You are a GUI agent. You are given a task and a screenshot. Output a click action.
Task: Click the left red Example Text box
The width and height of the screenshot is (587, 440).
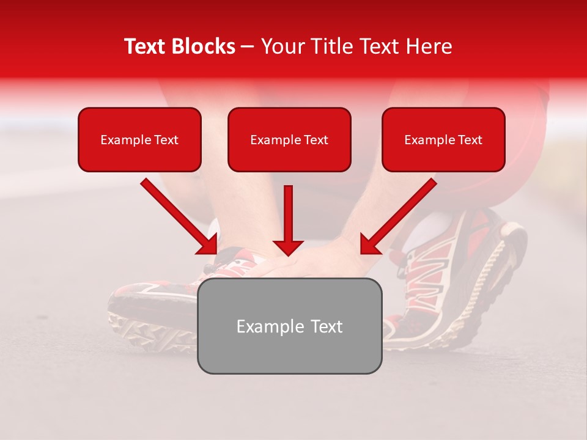point(139,139)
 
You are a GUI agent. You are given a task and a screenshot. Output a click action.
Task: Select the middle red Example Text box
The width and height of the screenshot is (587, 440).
point(289,139)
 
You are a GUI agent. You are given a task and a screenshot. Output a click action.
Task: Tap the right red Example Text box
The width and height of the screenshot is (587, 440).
point(443,139)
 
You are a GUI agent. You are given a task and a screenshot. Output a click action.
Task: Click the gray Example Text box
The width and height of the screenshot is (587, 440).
point(289,326)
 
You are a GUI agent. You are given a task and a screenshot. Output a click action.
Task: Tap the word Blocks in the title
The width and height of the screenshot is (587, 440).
point(203,46)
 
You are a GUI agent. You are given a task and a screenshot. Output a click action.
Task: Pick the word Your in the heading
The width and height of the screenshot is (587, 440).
point(282,46)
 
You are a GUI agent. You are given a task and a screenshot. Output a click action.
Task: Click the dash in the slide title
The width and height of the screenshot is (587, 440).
point(248,46)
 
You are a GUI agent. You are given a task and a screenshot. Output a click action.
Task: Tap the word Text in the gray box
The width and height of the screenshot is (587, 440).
point(326,326)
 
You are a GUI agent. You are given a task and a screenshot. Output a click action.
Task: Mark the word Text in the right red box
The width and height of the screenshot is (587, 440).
point(470,140)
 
